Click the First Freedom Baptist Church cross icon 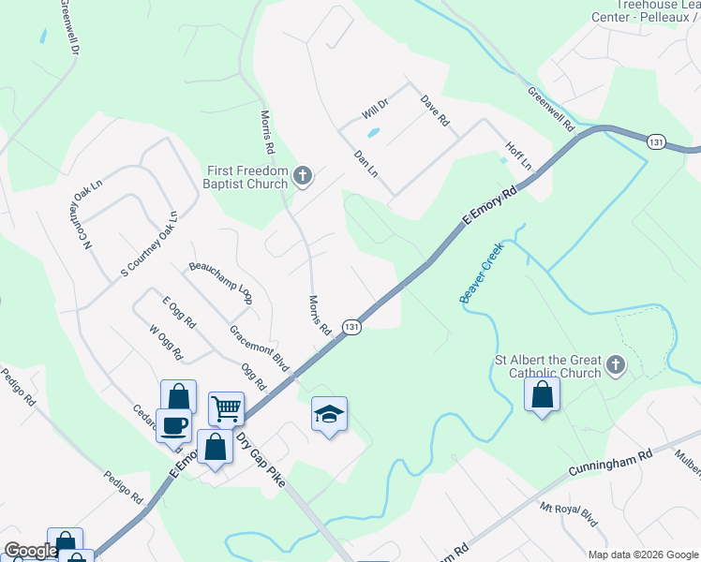point(303,175)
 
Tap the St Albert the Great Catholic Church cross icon point(616,364)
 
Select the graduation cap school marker point(329,414)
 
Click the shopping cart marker point(226,409)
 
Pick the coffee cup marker point(173,426)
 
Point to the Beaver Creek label point(481,274)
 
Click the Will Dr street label point(375,109)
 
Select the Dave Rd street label point(436,111)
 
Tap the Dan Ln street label point(365,165)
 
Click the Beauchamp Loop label point(220,280)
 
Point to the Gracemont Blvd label point(259,347)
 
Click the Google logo point(31,551)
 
